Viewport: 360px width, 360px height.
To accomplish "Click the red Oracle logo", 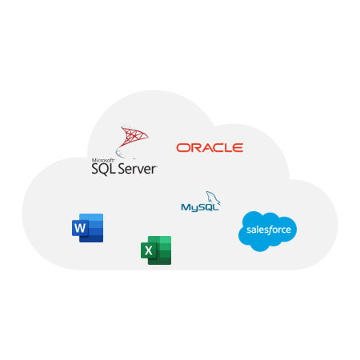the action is pos(210,148).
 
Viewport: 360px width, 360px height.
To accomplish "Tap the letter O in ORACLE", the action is pos(182,148).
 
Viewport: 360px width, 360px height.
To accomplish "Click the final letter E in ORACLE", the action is pos(238,148).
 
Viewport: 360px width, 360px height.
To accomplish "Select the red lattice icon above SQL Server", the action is pos(132,141).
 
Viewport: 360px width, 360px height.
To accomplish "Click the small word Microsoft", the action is pos(103,160).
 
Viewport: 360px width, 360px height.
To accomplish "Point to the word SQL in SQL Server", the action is pos(103,169).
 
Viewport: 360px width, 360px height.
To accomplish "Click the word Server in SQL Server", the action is pos(137,169).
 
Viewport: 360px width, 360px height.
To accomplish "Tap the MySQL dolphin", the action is pos(213,198).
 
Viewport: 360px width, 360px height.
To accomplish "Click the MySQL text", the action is pos(200,207).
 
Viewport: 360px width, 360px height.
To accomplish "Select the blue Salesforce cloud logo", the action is pos(267,231).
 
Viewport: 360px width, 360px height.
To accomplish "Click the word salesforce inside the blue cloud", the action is pos(269,230).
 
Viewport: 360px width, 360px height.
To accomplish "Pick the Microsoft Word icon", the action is pos(87,228).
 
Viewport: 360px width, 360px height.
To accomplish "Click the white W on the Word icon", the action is pos(80,228).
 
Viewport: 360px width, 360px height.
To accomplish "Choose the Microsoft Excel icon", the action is pos(156,250).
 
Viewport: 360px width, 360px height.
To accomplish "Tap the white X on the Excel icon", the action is pos(149,250).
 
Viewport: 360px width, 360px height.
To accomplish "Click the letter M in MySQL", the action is pos(186,207).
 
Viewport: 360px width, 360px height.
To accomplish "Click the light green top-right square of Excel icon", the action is pos(166,240).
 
